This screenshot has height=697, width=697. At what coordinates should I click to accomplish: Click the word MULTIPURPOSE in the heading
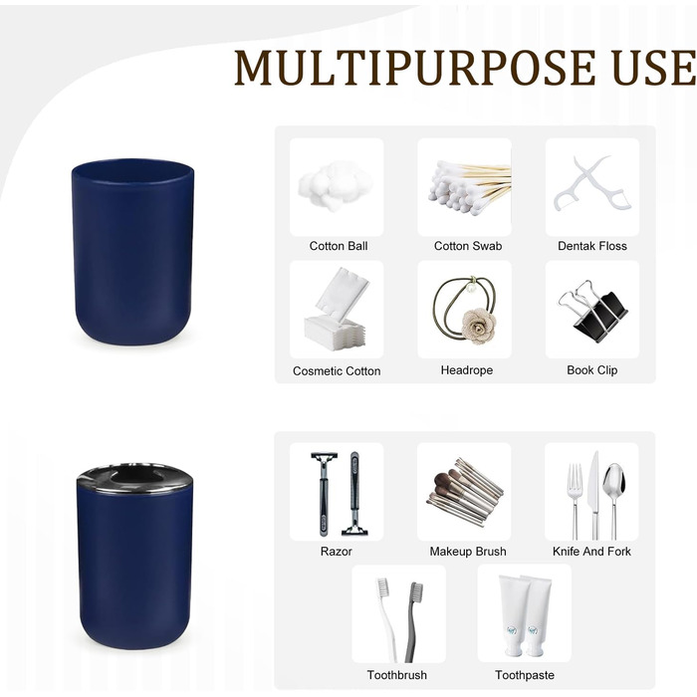415,68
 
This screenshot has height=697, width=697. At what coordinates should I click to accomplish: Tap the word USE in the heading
654,68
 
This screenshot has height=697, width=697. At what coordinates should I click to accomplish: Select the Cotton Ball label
339,246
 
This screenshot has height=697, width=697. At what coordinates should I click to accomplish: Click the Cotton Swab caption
468,246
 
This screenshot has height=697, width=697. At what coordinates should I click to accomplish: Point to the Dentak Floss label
592,246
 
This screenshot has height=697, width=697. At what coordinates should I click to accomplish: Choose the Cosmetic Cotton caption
337,371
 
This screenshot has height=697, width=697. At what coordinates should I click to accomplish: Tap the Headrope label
467,370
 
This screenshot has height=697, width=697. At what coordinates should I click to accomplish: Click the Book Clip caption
592,370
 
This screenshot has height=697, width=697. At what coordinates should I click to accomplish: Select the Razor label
337,552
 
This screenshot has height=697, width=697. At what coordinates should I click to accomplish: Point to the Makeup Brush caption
468,552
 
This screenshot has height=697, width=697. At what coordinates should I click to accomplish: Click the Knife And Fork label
591,552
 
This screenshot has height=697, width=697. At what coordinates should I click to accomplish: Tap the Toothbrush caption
397,675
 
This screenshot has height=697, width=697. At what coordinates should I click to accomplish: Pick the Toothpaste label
525,675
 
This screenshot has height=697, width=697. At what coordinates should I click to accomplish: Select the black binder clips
593,311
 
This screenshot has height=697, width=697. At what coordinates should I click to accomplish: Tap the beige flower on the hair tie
478,326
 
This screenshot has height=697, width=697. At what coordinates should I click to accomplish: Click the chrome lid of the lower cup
134,479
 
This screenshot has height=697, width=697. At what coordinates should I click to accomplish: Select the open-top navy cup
132,251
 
